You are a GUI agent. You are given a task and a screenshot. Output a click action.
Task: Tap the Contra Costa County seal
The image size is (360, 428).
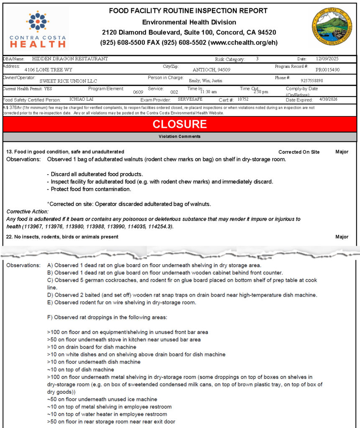tap(332, 27)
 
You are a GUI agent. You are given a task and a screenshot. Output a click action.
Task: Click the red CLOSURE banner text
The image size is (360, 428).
tap(179, 124)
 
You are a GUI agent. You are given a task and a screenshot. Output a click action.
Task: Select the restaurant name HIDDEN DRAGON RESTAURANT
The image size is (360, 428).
tap(70, 59)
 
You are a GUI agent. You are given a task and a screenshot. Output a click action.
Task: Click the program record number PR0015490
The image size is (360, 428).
tap(327, 70)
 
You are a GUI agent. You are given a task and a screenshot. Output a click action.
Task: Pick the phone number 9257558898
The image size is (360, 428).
tap(311, 80)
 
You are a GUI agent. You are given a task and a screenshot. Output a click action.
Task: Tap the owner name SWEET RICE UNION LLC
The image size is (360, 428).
tap(68, 81)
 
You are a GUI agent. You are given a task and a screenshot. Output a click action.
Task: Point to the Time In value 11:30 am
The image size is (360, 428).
tap(208, 92)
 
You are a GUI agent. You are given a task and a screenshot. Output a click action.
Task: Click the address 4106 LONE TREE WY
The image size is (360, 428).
tap(48, 70)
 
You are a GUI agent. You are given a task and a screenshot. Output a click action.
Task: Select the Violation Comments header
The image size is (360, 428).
tap(179, 137)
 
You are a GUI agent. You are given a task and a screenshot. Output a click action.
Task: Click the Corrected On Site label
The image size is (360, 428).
tap(299, 152)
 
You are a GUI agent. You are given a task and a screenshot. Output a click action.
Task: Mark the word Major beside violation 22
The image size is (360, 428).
tap(342, 237)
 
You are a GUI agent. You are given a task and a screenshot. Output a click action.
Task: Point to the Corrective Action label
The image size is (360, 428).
tap(28, 212)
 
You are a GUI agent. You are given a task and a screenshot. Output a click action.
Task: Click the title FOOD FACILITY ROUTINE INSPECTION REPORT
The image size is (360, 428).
tap(188, 11)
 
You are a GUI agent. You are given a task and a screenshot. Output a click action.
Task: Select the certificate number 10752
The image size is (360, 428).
tap(243, 99)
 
